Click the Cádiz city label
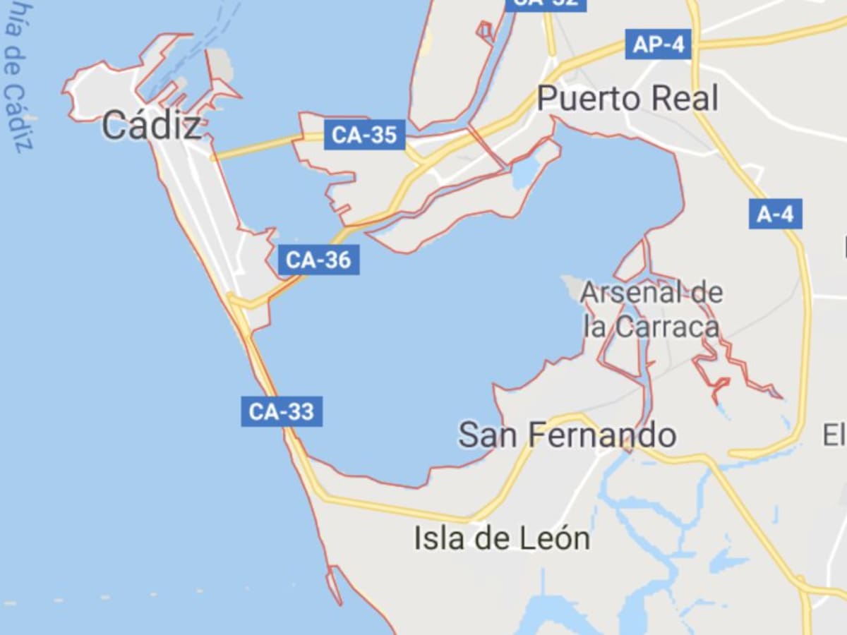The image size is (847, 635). tap(151, 126)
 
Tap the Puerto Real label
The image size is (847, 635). tap(627, 98)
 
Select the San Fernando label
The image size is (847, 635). tap(567, 435)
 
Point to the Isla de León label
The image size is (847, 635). tap(502, 538)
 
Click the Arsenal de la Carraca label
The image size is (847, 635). tap(651, 309)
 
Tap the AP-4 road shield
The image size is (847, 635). tap(658, 44)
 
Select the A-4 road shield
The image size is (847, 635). tap(775, 214)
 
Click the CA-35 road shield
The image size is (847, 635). tap(364, 135)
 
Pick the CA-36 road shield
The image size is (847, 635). tap(319, 260)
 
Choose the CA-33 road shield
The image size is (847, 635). tap(282, 411)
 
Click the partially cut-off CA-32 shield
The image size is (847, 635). tap(546, 4)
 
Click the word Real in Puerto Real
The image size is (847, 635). tap(683, 98)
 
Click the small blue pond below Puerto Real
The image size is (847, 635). tap(527, 169)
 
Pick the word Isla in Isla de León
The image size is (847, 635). tap(436, 538)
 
